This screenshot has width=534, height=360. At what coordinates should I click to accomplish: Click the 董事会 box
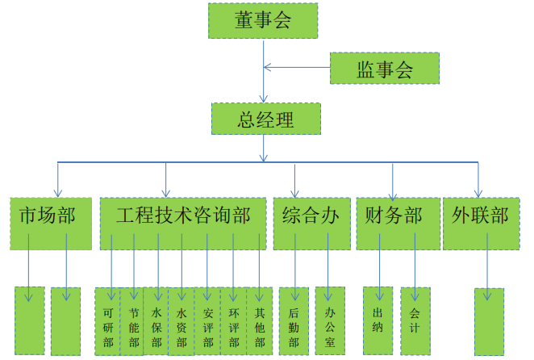[x=263, y=21]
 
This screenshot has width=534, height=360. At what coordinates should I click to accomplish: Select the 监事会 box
[x=384, y=69]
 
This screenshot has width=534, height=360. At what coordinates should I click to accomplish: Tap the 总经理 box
[x=265, y=119]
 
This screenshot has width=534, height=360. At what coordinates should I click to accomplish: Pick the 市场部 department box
[x=48, y=216]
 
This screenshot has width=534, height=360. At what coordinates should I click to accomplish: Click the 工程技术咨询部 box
[x=183, y=216]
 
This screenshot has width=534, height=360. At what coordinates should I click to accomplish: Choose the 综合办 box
[x=311, y=216]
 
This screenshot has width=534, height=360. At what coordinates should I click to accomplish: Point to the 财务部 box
[x=394, y=216]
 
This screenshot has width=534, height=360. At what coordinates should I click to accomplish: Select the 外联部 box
[x=480, y=216]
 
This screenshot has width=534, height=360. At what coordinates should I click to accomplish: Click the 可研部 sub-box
[x=107, y=320]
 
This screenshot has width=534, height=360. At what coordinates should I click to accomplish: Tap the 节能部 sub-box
[x=132, y=320]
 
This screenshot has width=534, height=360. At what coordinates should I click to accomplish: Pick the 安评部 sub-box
[x=207, y=320]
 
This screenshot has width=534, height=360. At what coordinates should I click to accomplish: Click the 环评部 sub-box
[x=232, y=320]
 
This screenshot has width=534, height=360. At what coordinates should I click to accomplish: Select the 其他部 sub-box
[x=259, y=320]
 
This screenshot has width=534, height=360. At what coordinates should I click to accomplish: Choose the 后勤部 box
[x=294, y=320]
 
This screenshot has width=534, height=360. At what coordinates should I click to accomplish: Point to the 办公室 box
[x=329, y=320]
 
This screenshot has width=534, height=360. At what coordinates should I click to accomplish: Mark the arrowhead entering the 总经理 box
[x=264, y=98]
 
